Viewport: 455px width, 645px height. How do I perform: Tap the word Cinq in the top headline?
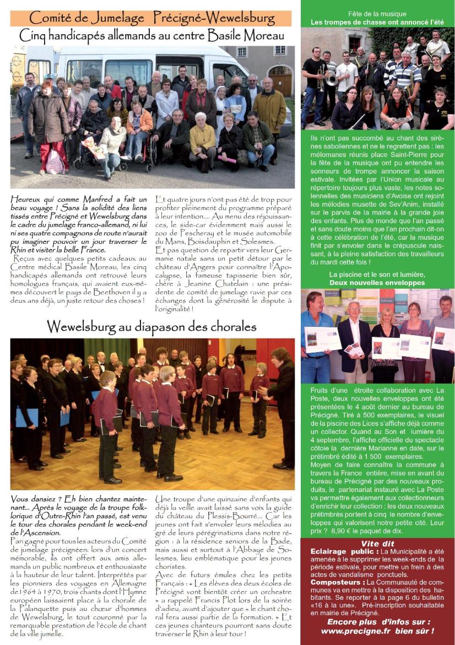35,36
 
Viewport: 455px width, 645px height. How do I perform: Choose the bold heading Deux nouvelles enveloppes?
377,283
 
